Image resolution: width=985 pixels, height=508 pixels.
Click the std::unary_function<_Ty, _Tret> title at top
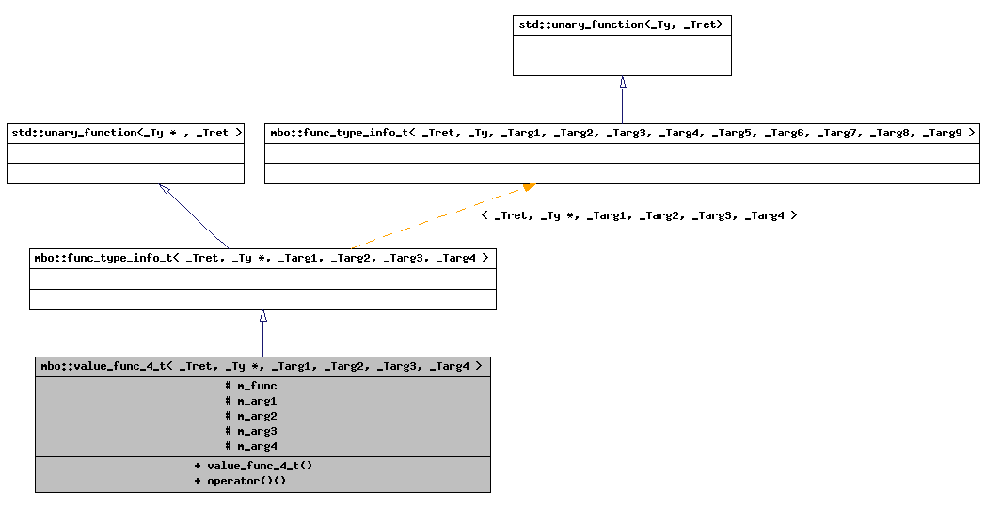tap(621, 24)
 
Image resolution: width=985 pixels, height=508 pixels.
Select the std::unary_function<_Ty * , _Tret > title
tap(125, 133)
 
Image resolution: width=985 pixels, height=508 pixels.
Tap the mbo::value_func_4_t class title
tap(262, 366)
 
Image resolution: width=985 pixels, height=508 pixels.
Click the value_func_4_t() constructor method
tap(253, 466)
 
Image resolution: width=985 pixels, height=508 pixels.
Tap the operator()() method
tap(240, 481)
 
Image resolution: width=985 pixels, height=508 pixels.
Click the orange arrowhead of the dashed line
tap(529, 187)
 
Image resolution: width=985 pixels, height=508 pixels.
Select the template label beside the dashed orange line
tap(639, 215)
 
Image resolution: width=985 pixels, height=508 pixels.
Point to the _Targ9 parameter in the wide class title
tap(942, 133)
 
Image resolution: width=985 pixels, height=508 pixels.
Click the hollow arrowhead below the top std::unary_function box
tap(622, 83)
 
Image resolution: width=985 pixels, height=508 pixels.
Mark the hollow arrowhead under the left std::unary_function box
tap(165, 189)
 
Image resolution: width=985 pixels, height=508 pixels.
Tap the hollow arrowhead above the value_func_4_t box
tap(262, 316)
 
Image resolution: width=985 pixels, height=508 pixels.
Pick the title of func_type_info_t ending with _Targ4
tap(262, 258)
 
